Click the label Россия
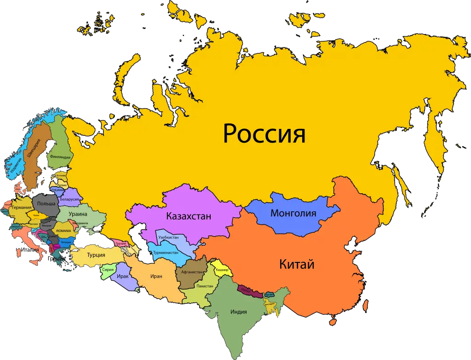[264, 134]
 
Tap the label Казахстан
[189, 216]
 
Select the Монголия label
[293, 213]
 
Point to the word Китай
[297, 265]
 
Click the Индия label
[239, 312]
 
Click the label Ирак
[122, 276]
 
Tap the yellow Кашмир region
[223, 269]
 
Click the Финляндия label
[60, 157]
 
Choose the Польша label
[46, 203]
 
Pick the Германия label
[22, 208]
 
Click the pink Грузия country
[121, 243]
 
